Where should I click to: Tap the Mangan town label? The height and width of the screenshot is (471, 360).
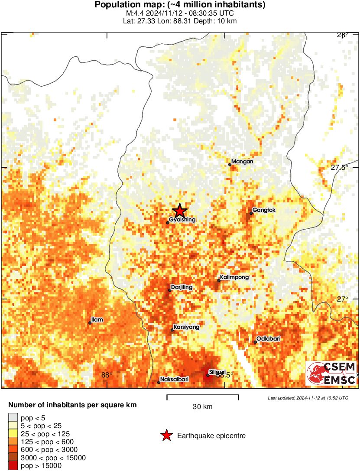(242, 162)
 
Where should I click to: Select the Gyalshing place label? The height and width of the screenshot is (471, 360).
(182, 220)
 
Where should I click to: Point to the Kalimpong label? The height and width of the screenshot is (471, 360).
(235, 277)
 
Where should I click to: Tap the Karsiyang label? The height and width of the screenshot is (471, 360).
(186, 327)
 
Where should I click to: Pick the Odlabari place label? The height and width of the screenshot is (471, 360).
(267, 339)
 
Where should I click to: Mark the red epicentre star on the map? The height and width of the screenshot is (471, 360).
(180, 211)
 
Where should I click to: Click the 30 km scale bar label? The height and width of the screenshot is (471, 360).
(202, 407)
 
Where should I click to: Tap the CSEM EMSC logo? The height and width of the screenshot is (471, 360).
(331, 374)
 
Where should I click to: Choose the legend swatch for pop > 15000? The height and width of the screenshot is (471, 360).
(13, 466)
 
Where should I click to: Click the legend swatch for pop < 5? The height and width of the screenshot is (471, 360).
(13, 418)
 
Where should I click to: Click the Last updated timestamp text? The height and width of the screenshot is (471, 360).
(308, 398)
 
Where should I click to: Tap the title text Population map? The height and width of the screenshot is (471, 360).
(180, 5)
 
